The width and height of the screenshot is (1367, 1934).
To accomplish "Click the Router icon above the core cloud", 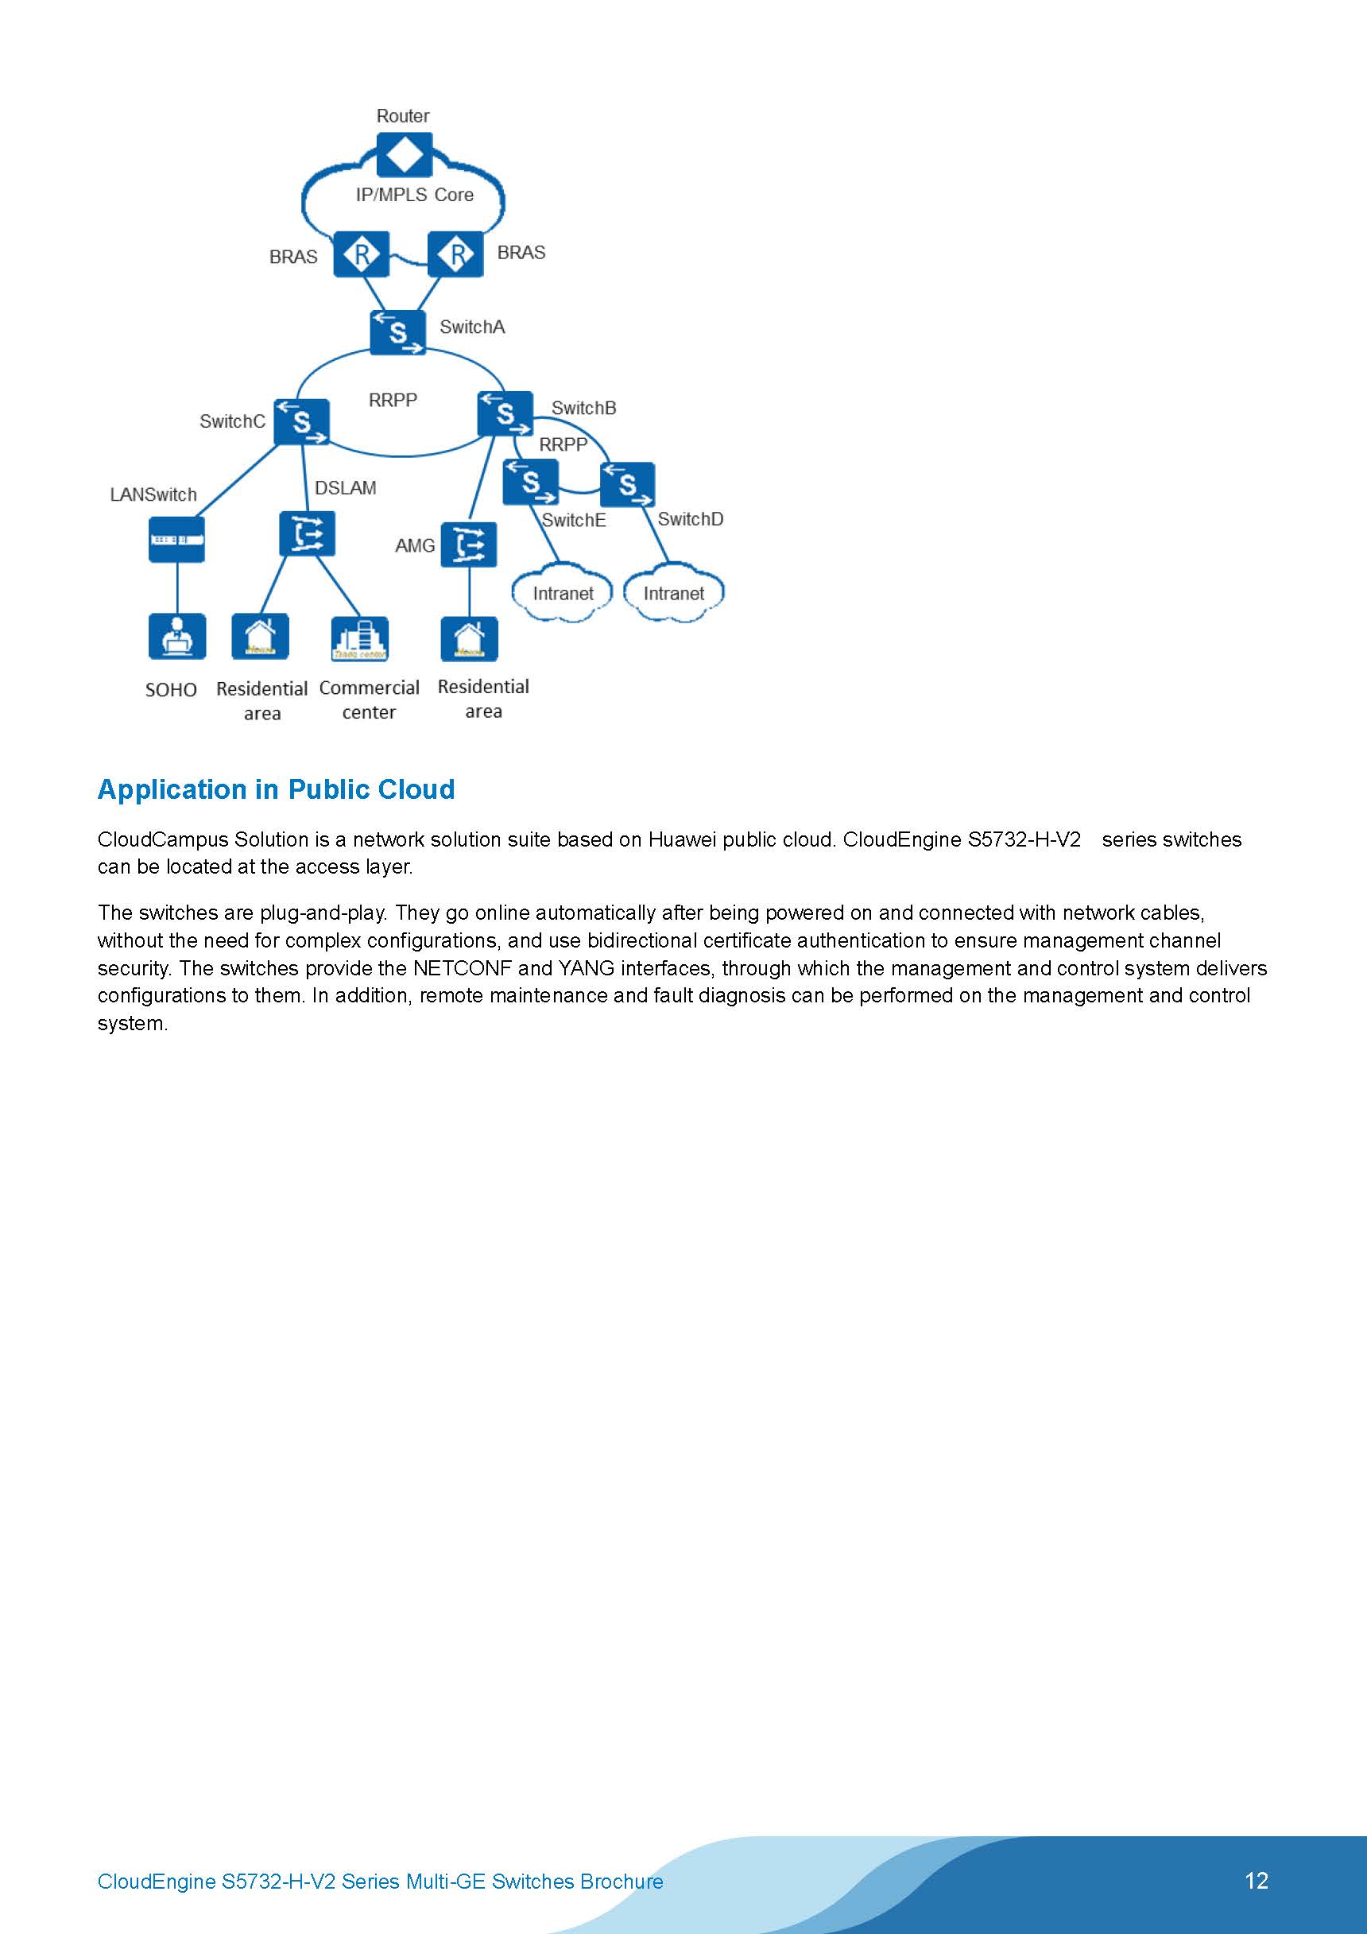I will click(x=405, y=155).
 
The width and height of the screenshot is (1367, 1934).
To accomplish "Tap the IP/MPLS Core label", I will click(x=414, y=195).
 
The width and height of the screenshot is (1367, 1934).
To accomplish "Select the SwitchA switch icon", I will click(x=397, y=333).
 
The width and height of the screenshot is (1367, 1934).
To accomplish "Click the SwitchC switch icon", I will click(x=301, y=421).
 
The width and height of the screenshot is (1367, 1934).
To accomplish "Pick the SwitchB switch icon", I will click(x=505, y=413).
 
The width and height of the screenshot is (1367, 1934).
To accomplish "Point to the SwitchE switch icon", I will click(x=530, y=483).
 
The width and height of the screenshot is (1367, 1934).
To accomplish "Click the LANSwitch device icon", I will click(x=177, y=539).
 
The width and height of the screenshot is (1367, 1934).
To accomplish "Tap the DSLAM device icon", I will click(x=307, y=534).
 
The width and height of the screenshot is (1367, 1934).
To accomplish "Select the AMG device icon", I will click(x=468, y=545).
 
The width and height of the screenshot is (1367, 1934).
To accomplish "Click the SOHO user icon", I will click(x=177, y=636).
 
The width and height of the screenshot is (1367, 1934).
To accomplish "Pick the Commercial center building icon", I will click(x=360, y=639).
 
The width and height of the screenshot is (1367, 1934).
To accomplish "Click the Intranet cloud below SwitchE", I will click(x=563, y=594).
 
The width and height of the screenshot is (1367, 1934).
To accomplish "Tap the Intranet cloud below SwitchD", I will click(x=674, y=594).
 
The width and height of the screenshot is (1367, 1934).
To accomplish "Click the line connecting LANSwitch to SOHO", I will click(x=177, y=588).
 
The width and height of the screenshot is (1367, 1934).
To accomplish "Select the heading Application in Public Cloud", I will click(x=277, y=789).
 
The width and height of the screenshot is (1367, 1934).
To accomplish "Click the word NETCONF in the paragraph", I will click(x=463, y=968).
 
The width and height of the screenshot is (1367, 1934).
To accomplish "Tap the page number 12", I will click(x=1256, y=1880).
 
